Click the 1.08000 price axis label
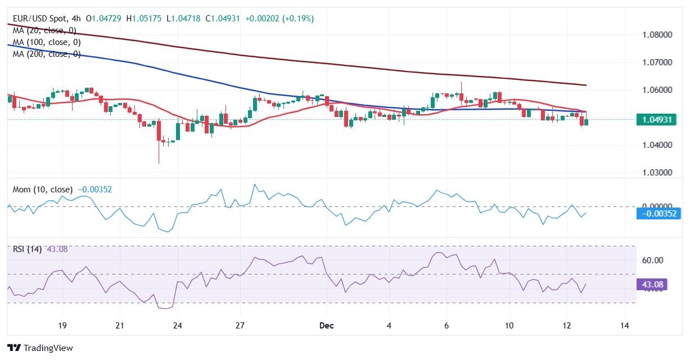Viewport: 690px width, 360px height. pyautogui.click(x=657, y=35)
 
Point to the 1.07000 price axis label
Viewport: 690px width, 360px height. pyautogui.click(x=657, y=62)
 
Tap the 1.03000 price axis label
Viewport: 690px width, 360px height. pyautogui.click(x=657, y=173)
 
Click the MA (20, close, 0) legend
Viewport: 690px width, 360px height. pyautogui.click(x=44, y=30)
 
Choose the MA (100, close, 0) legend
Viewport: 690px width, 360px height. pyautogui.click(x=47, y=42)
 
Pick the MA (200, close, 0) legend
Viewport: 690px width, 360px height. pyautogui.click(x=47, y=54)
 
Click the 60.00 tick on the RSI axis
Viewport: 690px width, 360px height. pyautogui.click(x=653, y=260)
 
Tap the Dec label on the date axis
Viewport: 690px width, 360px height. pyautogui.click(x=326, y=326)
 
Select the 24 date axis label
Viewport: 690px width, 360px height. pyautogui.click(x=178, y=326)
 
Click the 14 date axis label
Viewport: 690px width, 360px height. pyautogui.click(x=624, y=326)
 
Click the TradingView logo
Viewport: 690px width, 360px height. pyautogui.click(x=40, y=348)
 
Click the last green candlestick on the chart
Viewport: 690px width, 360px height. pyautogui.click(x=586, y=121)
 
